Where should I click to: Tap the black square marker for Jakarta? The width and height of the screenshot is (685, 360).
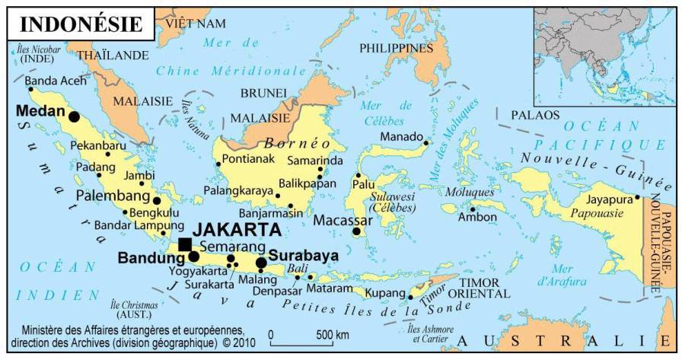[x=185, y=244]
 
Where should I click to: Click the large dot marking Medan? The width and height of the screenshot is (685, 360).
[x=74, y=116]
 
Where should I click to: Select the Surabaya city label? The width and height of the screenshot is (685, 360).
[x=304, y=256]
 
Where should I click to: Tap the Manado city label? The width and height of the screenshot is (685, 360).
[x=401, y=137]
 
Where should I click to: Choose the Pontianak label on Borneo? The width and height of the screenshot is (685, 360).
[x=249, y=160]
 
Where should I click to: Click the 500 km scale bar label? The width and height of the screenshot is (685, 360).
[x=333, y=335]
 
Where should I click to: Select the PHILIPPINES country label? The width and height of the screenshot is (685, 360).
[x=396, y=48]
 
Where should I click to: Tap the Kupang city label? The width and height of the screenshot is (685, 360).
[x=384, y=292]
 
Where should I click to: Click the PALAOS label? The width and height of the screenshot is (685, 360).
[x=535, y=116]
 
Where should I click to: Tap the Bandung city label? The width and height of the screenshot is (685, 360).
[x=151, y=258]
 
